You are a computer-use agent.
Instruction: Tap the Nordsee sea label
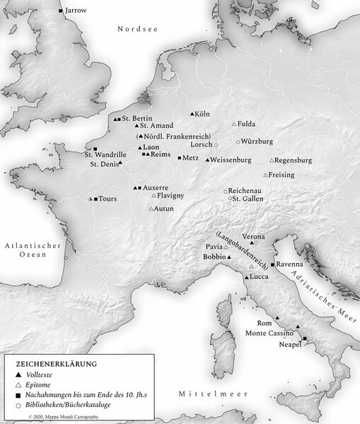137,28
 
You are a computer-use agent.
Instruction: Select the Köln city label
204,114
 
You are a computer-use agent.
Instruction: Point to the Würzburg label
259,141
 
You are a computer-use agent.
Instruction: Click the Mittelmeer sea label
204,392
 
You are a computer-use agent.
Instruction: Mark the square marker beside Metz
180,158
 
